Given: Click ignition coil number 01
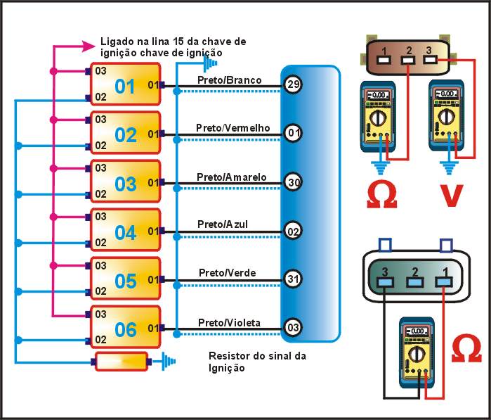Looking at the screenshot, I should [x=125, y=87].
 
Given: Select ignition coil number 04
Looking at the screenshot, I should [x=125, y=232].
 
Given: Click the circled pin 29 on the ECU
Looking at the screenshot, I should [x=293, y=85].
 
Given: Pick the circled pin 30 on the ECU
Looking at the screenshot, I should [x=293, y=182].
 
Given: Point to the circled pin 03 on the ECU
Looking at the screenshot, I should [x=293, y=328].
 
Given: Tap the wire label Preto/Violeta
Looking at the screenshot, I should [x=229, y=322].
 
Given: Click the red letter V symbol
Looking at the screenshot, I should [x=447, y=197].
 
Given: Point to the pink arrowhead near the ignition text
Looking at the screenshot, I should [x=89, y=46].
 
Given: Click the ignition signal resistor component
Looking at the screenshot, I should [x=122, y=362].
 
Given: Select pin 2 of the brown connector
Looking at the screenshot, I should [x=406, y=58].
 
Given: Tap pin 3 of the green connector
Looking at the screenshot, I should [x=385, y=282].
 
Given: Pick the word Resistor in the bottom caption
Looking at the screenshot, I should [x=228, y=357].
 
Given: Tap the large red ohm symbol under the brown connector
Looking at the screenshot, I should [x=381, y=196].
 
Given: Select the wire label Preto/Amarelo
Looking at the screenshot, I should [x=231, y=177].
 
